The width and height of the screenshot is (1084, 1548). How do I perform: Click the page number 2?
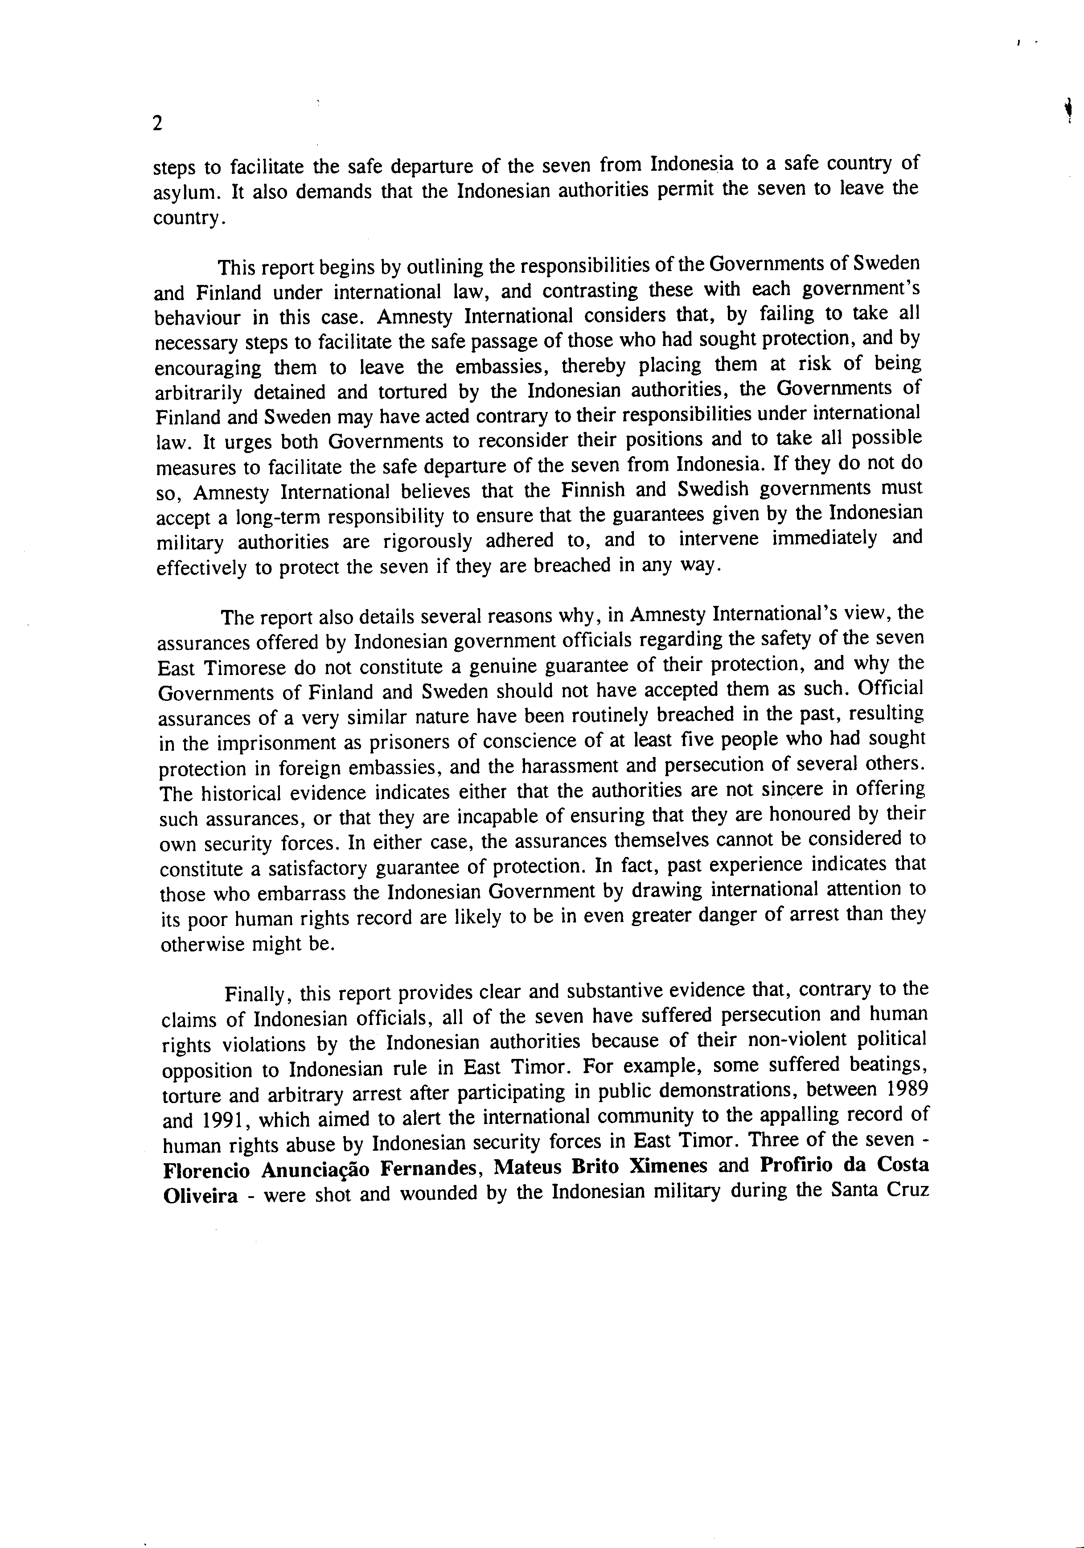pyautogui.click(x=158, y=124)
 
